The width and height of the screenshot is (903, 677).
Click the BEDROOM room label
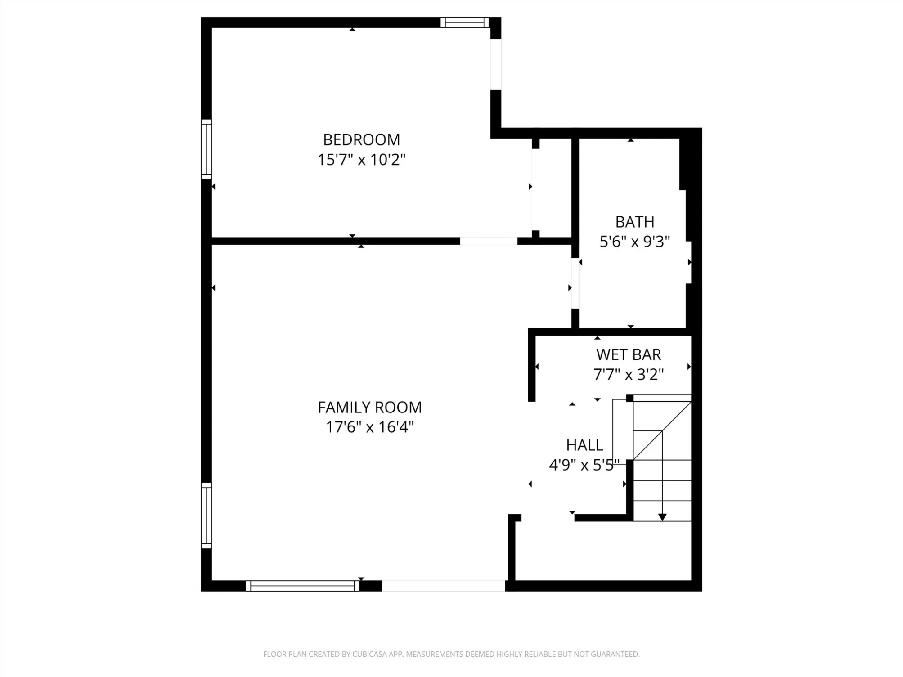click(x=361, y=140)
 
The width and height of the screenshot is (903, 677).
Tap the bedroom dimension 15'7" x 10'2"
click(x=361, y=160)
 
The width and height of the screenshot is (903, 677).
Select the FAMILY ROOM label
click(x=369, y=408)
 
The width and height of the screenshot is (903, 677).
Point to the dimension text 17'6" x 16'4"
click(x=369, y=427)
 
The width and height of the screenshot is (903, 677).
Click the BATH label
click(x=634, y=222)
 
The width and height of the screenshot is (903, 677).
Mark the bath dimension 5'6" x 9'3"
click(x=634, y=242)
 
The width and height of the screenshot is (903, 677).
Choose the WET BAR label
click(x=629, y=354)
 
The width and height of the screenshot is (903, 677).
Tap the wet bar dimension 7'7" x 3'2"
click(x=629, y=374)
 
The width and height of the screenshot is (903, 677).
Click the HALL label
click(x=584, y=445)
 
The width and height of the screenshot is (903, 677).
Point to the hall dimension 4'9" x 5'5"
click(x=584, y=465)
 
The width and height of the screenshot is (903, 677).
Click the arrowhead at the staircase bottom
click(x=662, y=517)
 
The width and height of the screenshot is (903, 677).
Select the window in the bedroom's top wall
click(x=464, y=22)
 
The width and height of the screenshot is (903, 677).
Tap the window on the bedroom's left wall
click(x=206, y=149)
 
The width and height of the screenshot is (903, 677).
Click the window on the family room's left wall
click(x=206, y=516)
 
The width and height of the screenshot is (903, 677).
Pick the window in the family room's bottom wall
click(x=302, y=586)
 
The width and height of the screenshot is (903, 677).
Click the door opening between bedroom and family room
click(x=488, y=241)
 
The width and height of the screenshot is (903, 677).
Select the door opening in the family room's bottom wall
click(x=444, y=586)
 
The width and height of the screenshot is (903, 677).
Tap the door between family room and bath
click(x=575, y=283)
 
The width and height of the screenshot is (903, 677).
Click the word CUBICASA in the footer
click(x=370, y=654)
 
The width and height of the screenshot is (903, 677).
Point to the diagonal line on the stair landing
click(x=662, y=430)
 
